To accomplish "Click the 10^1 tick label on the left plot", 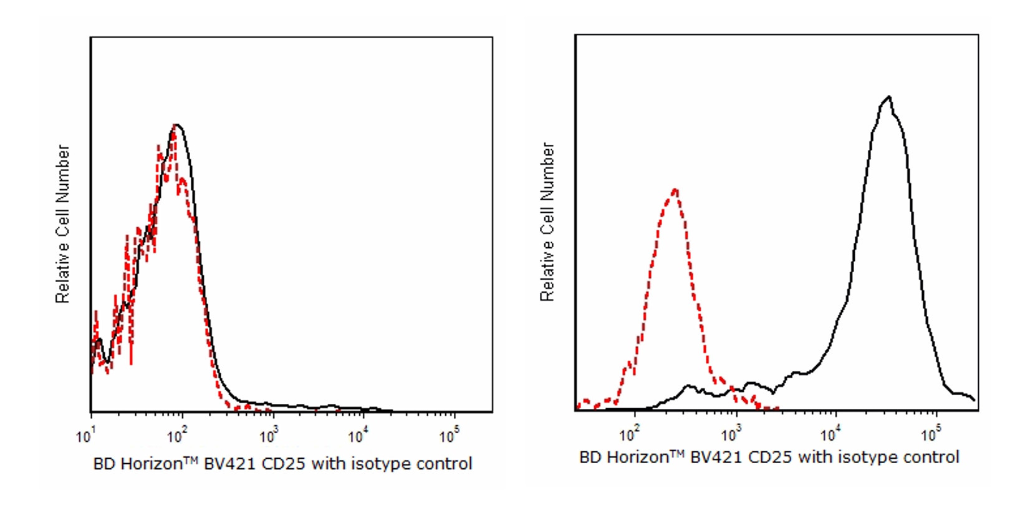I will click(x=85, y=436).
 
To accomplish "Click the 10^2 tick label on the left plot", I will click(x=176, y=434).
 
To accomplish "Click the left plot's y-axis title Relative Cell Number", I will click(x=62, y=224).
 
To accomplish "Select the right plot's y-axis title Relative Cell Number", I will click(x=547, y=222).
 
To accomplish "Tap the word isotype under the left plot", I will click(x=379, y=464).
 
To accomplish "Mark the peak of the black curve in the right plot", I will click(x=888, y=97).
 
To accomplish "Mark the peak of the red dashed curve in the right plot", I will click(x=675, y=189).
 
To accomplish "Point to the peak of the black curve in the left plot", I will click(x=178, y=125).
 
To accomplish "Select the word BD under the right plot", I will click(x=590, y=458).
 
